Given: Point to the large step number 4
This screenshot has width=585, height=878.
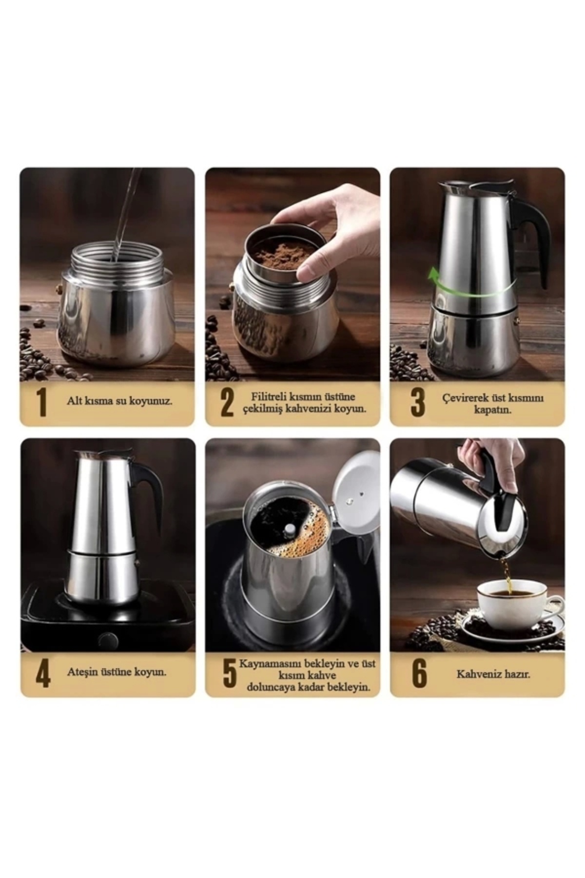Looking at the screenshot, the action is click(43, 673).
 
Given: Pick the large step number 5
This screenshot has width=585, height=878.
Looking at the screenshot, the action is click(229, 673).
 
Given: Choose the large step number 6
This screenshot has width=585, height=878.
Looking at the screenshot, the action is click(419, 673).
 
